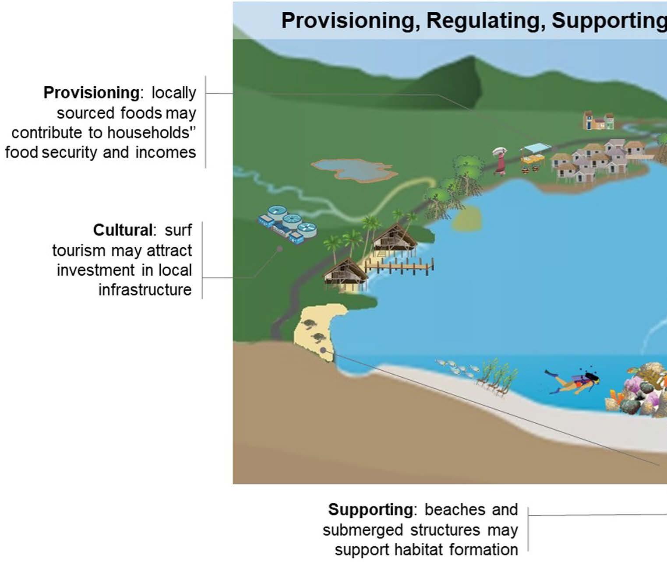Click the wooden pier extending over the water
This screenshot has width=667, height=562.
(x=399, y=266)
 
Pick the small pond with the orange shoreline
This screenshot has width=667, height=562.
(x=353, y=169)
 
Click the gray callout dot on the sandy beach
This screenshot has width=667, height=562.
(x=323, y=350)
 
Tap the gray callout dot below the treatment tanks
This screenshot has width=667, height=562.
(x=279, y=249)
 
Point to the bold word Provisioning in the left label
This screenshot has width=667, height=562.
(x=91, y=93)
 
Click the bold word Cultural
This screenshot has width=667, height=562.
(x=122, y=230)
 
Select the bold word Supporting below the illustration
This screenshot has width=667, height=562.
(x=370, y=510)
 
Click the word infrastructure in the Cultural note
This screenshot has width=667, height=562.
(x=145, y=290)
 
